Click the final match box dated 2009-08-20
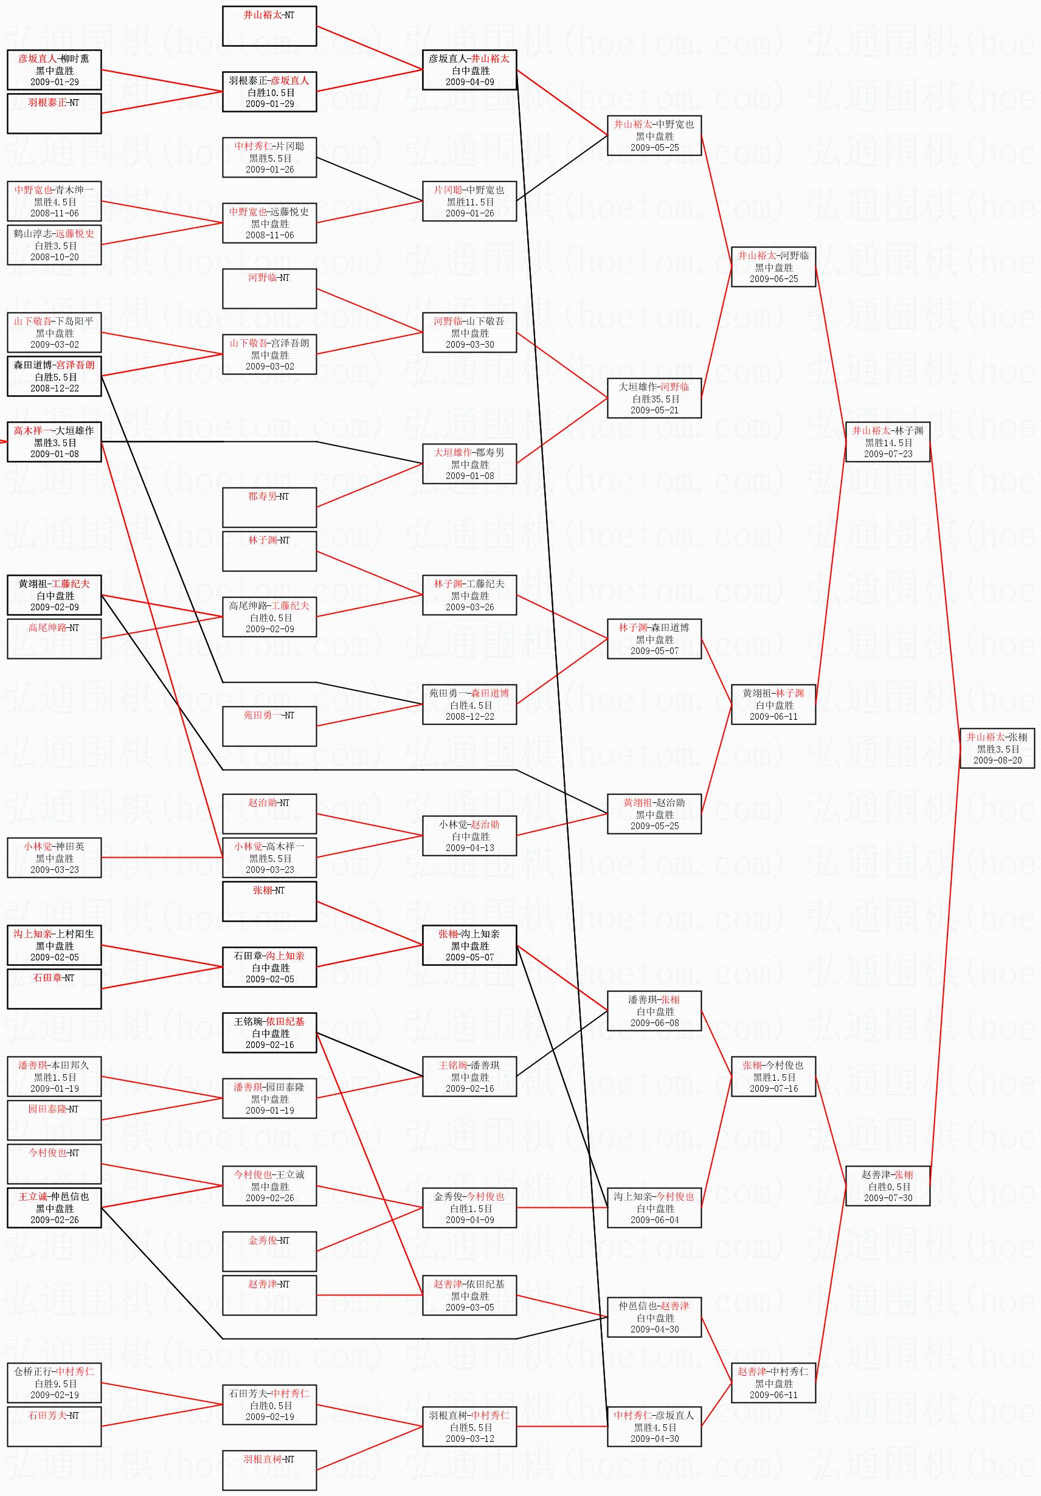[x=997, y=748]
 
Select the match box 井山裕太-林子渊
[x=887, y=442]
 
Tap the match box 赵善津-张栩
[x=887, y=1186]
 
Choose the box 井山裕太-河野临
[x=773, y=266]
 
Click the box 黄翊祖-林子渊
[x=773, y=705]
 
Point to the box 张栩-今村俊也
[x=773, y=1077]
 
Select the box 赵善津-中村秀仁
[x=773, y=1382]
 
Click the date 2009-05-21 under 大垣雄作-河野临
[x=654, y=410]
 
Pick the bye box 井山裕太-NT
[x=269, y=26]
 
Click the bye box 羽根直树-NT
[x=269, y=1469]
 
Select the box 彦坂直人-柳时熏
[x=54, y=70]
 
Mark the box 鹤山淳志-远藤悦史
[x=54, y=245]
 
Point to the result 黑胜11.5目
[x=469, y=202]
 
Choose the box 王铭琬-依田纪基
[x=269, y=1033]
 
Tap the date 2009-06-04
[x=654, y=1220]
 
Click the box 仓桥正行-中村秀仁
[x=54, y=1382]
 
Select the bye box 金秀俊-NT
[x=269, y=1251]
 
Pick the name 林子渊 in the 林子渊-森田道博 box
[x=633, y=627]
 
